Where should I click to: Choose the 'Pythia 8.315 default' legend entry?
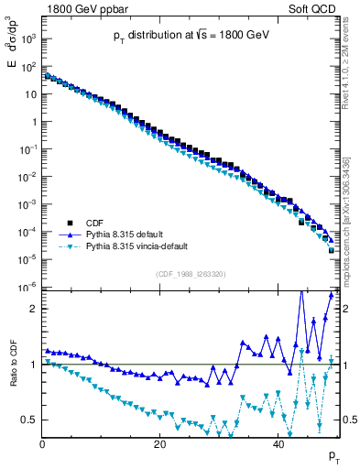click(x=129, y=234)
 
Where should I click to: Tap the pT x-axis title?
click(x=335, y=456)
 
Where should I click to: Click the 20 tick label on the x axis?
click(x=160, y=444)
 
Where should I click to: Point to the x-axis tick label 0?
click(x=42, y=444)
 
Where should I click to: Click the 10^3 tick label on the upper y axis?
click(x=27, y=39)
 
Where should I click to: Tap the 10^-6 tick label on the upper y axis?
click(x=27, y=287)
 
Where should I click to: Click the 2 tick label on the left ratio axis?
click(x=33, y=310)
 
